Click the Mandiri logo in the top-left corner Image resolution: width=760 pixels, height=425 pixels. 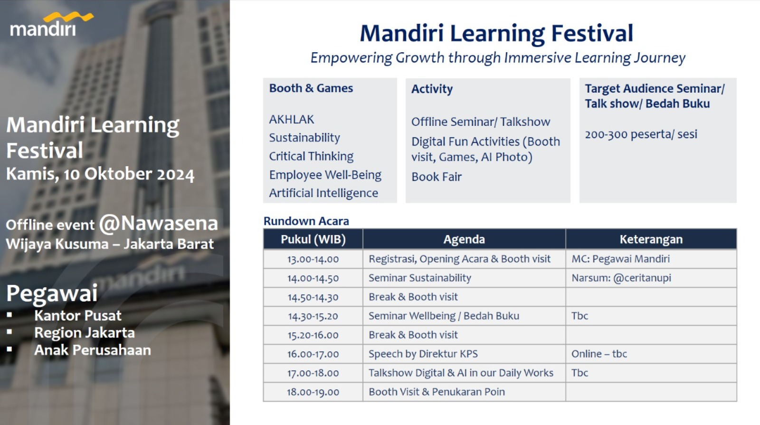click(51, 24)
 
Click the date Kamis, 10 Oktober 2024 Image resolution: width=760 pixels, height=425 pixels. click(100, 174)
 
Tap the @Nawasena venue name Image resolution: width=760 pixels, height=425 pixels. click(159, 224)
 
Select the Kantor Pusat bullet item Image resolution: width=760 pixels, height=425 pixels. click(78, 316)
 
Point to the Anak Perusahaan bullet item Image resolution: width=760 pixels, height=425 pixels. click(93, 350)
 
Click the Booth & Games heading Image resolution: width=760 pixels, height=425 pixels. click(311, 88)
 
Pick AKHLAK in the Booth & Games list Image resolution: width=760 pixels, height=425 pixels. click(292, 119)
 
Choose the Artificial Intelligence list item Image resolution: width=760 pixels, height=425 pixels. click(323, 193)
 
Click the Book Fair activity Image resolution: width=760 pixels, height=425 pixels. click(437, 177)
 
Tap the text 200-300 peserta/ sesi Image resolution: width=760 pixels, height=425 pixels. click(641, 134)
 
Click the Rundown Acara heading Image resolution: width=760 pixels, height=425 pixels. click(306, 221)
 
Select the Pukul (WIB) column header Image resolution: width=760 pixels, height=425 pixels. click(313, 239)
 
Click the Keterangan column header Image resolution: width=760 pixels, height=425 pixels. click(651, 239)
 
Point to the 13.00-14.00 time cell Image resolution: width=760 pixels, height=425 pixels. click(313, 259)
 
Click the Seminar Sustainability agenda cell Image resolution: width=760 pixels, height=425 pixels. click(420, 278)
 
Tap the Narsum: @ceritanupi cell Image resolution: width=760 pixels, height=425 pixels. click(622, 278)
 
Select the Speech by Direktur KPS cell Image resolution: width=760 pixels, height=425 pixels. click(423, 354)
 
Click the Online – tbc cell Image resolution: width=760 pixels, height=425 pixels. click(599, 354)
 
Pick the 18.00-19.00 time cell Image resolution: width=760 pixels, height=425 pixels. click(313, 392)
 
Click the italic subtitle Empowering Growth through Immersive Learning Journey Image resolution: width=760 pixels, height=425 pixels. click(498, 57)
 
